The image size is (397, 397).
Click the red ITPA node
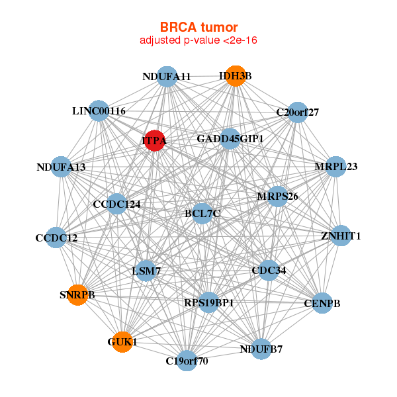point(154,140)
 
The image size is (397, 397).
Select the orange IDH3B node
point(236,76)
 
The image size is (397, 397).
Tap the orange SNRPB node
point(77,295)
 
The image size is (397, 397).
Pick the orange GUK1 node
point(122,342)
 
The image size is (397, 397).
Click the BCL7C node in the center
point(202,214)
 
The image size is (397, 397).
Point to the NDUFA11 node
point(167,77)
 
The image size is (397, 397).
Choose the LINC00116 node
point(99,110)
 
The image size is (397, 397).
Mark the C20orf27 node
point(298,112)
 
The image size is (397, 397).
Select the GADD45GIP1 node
point(230,139)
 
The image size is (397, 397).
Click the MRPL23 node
point(335,167)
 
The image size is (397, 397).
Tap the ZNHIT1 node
point(341,236)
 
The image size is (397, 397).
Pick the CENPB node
point(322,303)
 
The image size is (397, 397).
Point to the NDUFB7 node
point(261,349)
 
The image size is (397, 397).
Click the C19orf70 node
point(187,361)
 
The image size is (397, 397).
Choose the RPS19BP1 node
point(208,302)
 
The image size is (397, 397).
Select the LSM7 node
point(146,271)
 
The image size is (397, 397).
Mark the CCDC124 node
point(116,204)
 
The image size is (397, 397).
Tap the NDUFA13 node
point(62,167)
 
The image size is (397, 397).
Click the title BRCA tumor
point(198,27)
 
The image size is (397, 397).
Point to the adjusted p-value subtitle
point(198,40)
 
